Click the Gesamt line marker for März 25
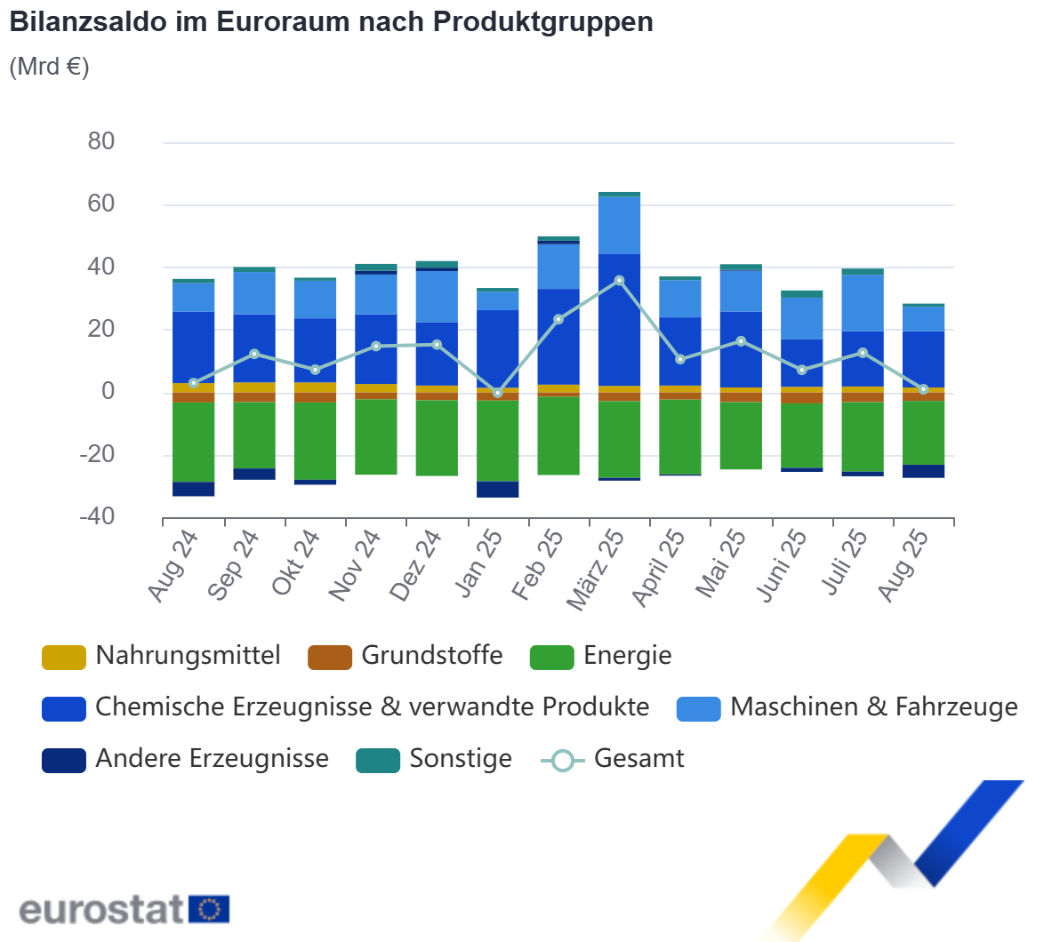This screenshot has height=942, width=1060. tap(620, 281)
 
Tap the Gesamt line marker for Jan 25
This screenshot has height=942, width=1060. tap(498, 393)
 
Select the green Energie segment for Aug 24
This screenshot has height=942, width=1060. tap(193, 442)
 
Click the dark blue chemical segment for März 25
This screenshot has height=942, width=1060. tap(620, 320)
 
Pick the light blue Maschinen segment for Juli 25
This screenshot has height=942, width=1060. tap(863, 303)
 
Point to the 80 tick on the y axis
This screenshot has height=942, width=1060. tap(101, 141)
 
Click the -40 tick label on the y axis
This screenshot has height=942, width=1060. tap(97, 516)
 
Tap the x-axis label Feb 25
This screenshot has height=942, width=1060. tap(537, 565)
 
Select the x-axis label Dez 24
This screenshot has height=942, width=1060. tap(415, 565)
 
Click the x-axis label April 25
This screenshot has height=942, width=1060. tap(658, 569)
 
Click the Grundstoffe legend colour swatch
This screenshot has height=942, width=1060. tap(329, 658)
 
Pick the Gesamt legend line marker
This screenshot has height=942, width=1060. tap(562, 761)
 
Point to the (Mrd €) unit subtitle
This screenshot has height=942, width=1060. tap(49, 67)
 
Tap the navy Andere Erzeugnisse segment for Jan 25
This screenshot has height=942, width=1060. tap(498, 490)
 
